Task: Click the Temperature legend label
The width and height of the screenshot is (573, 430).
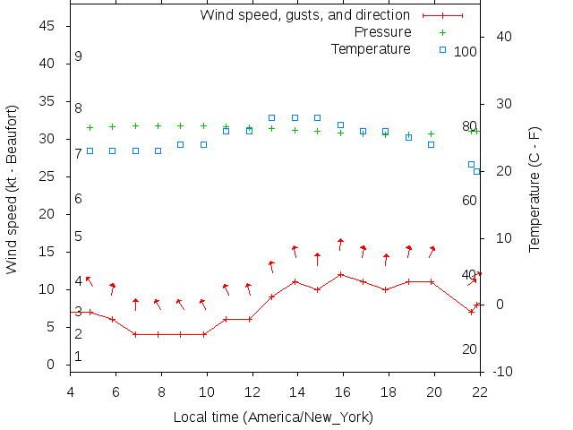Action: pyautogui.click(x=371, y=48)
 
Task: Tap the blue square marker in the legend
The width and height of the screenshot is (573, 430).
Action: pyautogui.click(x=442, y=49)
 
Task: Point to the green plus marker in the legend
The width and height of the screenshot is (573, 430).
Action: pyautogui.click(x=442, y=32)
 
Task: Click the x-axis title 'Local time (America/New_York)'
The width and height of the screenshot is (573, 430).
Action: pyautogui.click(x=273, y=417)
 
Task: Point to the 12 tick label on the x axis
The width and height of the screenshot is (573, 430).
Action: pyautogui.click(x=252, y=391)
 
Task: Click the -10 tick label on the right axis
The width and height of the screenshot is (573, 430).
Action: pyautogui.click(x=503, y=372)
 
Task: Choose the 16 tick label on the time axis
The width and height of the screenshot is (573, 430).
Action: pyautogui.click(x=343, y=391)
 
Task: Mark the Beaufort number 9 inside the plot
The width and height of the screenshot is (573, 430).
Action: pyautogui.click(x=79, y=56)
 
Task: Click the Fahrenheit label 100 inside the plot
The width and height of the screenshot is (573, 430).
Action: pyautogui.click(x=465, y=52)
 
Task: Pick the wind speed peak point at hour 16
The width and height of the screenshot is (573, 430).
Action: pyautogui.click(x=340, y=274)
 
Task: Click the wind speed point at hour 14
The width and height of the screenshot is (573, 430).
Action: pyautogui.click(x=295, y=281)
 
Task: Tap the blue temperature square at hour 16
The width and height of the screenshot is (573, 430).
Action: pyautogui.click(x=340, y=125)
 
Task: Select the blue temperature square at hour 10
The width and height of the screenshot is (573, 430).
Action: pyautogui.click(x=203, y=144)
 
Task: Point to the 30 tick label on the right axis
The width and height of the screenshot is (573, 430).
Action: pyautogui.click(x=500, y=104)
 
